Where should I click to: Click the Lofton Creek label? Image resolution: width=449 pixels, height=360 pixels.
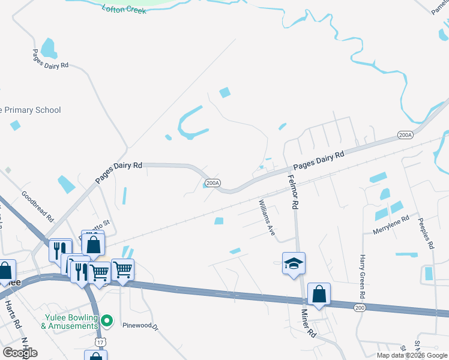click(x=124, y=10)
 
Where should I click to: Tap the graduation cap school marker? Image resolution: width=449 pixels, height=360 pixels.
click(x=294, y=263)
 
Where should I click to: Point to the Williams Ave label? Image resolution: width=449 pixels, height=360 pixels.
click(x=267, y=217)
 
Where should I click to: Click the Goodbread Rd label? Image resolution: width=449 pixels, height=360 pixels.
click(x=37, y=206)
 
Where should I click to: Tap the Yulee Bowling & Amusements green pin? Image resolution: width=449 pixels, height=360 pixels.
click(x=107, y=321)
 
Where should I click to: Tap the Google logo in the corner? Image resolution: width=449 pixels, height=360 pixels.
click(x=20, y=353)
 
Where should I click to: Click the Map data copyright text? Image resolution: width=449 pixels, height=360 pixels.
click(x=411, y=355)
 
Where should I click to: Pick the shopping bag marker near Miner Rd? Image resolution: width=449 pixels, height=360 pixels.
click(x=319, y=294)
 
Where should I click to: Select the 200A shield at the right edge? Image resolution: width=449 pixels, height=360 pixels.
click(x=405, y=135)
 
